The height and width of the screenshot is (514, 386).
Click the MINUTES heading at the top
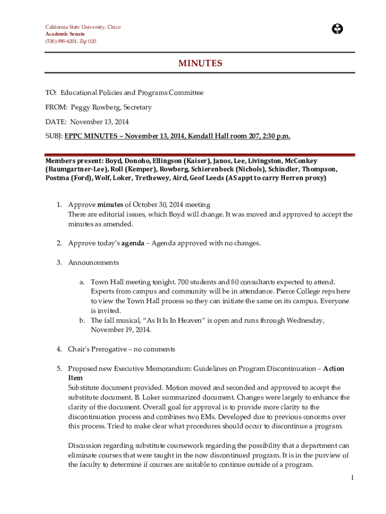click(x=200, y=63)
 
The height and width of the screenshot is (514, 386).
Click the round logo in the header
click(x=337, y=29)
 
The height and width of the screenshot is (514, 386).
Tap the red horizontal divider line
click(x=200, y=155)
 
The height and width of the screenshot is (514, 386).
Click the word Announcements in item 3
click(x=93, y=263)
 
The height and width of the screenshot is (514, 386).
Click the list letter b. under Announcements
click(x=82, y=320)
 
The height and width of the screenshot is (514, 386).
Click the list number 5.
click(x=59, y=369)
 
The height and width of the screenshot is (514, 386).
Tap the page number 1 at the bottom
click(x=352, y=478)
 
